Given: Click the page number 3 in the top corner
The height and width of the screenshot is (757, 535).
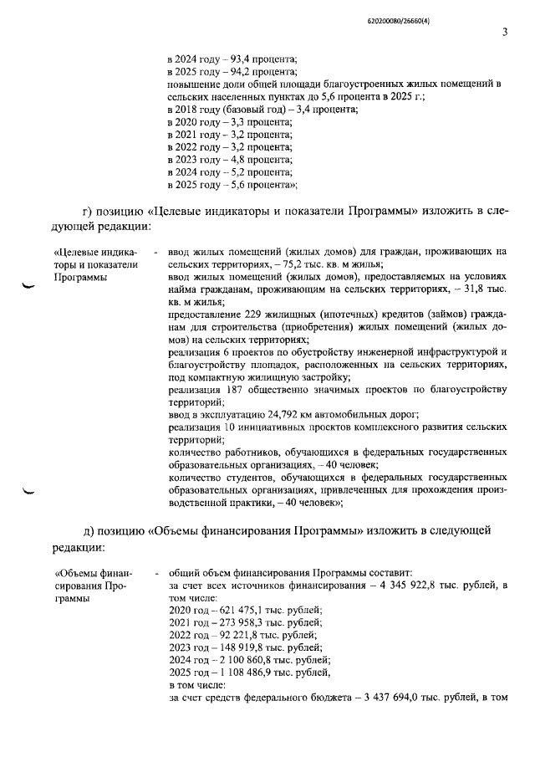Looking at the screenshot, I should click(505, 33).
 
